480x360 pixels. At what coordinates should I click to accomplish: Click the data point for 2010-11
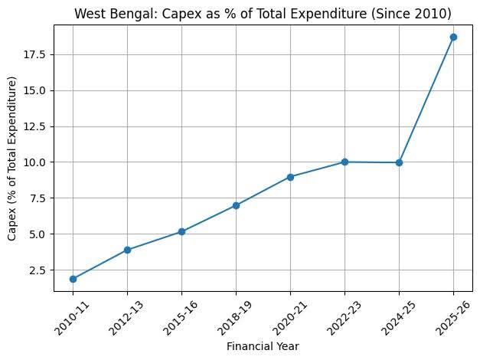pos(73,279)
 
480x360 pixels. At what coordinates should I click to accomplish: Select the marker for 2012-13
pos(127,250)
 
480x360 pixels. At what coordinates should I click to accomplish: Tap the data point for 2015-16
pos(181,231)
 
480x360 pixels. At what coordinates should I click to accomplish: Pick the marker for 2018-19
pos(236,205)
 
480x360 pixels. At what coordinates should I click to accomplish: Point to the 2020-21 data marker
pos(290,177)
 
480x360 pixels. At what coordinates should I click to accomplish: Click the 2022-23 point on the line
pos(344,162)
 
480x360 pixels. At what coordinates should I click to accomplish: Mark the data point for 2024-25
pos(399,162)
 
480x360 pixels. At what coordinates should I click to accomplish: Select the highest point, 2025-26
pos(453,37)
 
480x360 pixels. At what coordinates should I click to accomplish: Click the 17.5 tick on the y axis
pos(37,54)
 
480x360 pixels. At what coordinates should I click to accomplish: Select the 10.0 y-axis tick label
pos(37,162)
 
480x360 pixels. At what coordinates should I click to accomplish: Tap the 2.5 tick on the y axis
pos(40,270)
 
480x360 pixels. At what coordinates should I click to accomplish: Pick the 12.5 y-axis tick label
pos(37,126)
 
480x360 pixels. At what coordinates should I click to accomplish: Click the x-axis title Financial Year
pos(263,346)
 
